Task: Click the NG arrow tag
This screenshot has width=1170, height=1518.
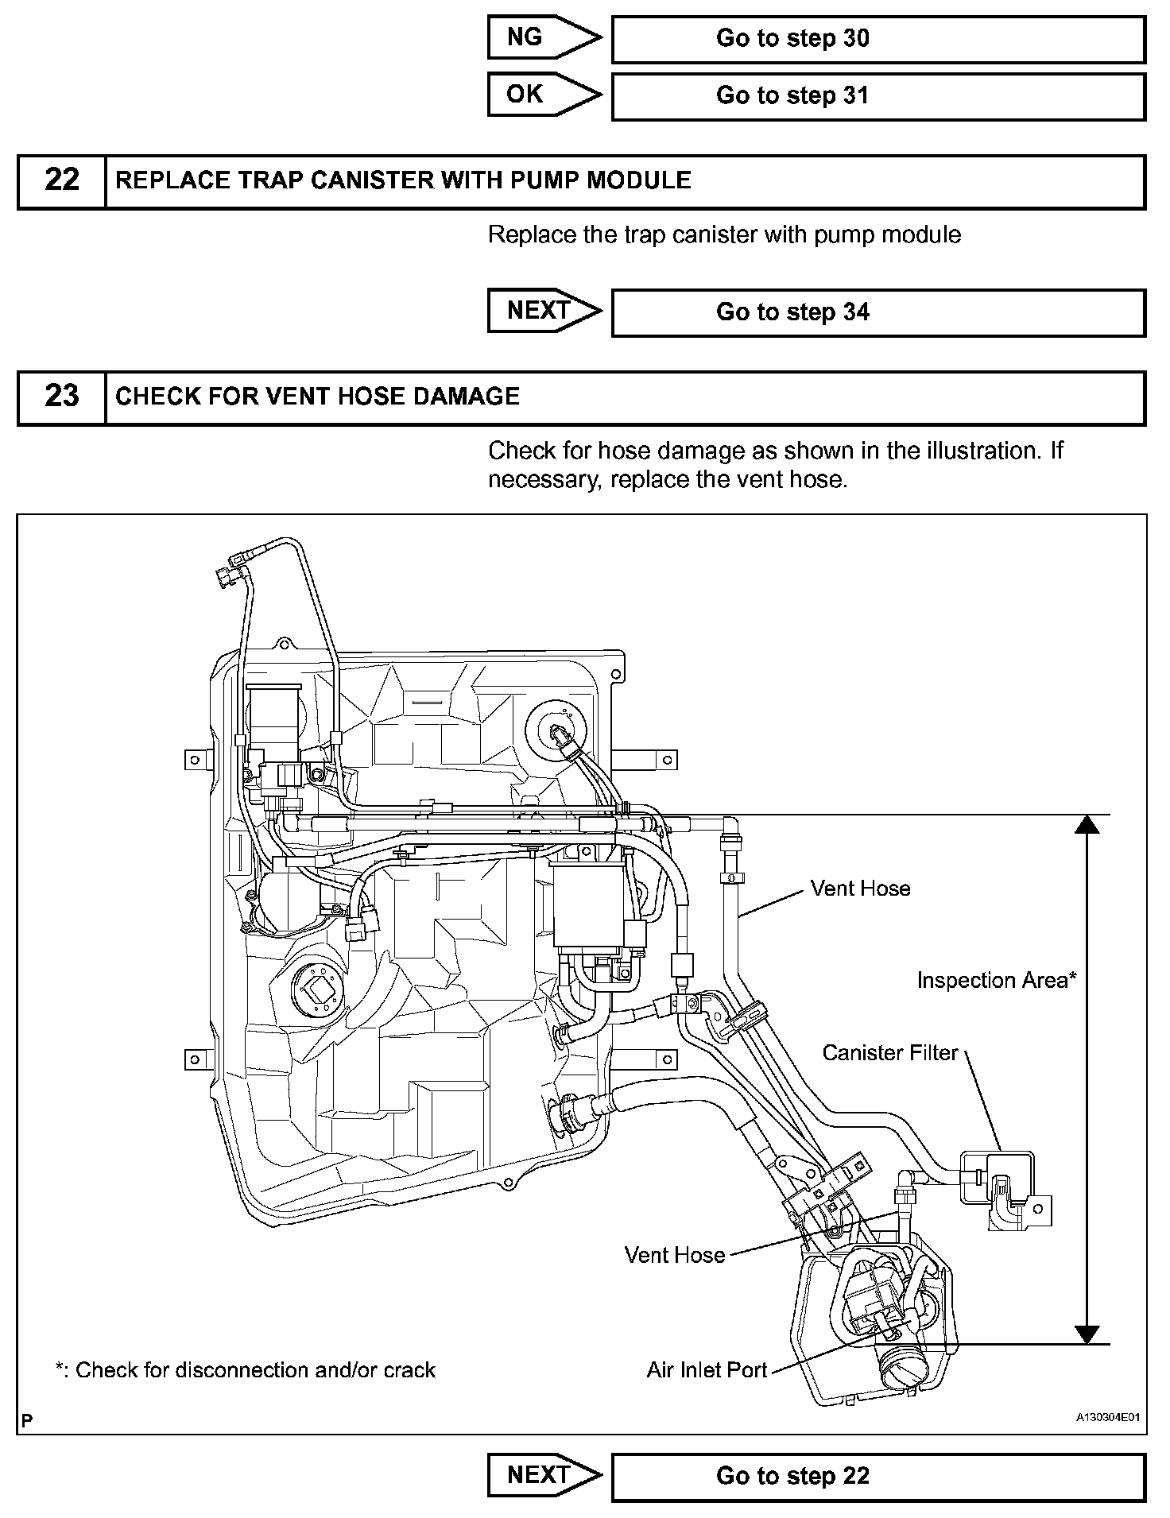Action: (543, 38)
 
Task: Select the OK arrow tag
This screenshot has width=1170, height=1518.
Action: (543, 95)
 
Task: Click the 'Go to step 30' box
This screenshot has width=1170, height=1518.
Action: (877, 39)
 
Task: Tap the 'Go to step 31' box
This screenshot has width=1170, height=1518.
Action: (877, 96)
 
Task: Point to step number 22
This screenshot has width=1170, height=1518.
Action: (62, 180)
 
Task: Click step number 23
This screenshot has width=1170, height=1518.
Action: (62, 396)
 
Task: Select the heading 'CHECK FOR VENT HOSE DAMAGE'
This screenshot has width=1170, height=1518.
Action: (317, 397)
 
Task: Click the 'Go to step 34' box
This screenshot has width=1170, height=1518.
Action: (877, 312)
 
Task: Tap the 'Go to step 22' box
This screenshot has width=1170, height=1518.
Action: (877, 1477)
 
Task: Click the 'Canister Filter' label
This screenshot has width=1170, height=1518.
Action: (889, 1053)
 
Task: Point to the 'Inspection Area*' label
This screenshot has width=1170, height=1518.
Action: (996, 981)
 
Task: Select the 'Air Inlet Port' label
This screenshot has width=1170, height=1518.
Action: (707, 1370)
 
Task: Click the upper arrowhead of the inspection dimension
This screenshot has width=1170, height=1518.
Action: (1087, 826)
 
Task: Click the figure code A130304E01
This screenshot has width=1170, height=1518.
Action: (1108, 1417)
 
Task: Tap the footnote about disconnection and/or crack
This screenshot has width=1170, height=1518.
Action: (245, 1370)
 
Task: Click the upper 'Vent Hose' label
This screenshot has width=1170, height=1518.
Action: (860, 889)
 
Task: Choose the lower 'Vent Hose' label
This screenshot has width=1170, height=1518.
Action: (674, 1256)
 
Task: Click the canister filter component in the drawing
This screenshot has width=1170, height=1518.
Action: (1004, 1188)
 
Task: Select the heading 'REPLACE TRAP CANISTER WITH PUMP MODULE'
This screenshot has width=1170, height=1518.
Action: (403, 180)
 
